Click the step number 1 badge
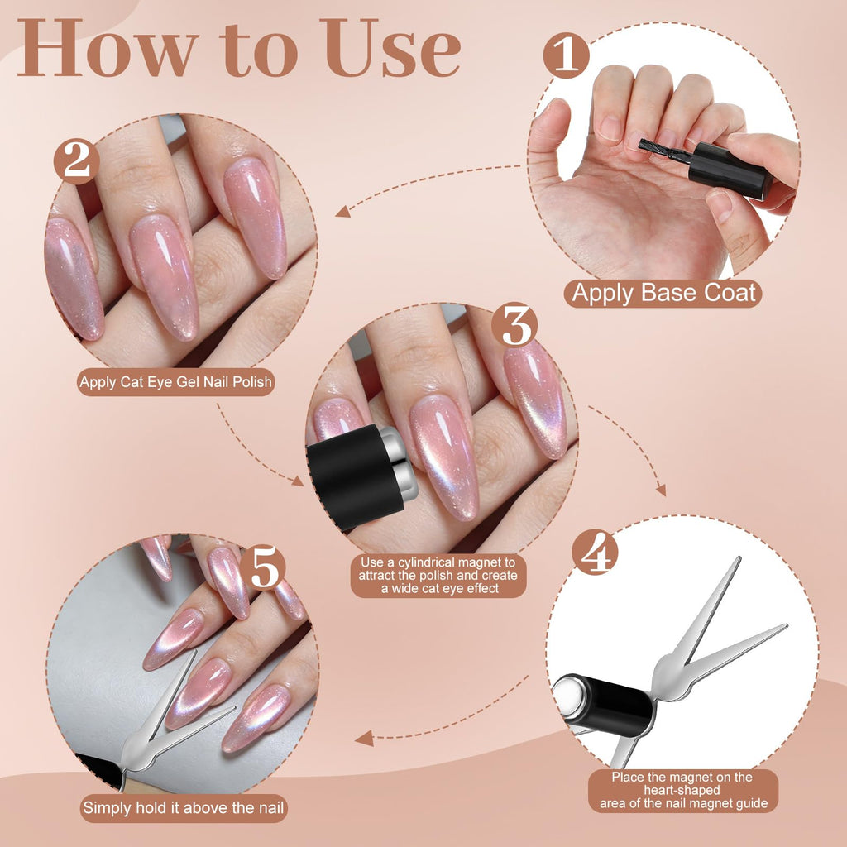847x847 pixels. coord(566,55)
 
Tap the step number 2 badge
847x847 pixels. coord(77,161)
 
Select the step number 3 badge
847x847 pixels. coord(514,324)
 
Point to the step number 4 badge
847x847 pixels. coord(596,552)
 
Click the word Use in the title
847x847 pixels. coord(391,49)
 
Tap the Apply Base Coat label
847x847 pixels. coord(663,294)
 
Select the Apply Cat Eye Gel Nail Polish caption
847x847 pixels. coord(175,382)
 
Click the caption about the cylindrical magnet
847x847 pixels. coord(438,576)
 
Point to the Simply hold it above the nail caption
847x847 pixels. coord(183,808)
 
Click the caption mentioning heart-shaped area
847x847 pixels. coord(683,791)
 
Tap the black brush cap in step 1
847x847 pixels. coord(730,170)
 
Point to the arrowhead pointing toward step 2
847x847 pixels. coord(342,211)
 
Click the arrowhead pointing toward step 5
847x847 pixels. coord(364,738)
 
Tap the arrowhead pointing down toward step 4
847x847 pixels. coord(661,490)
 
